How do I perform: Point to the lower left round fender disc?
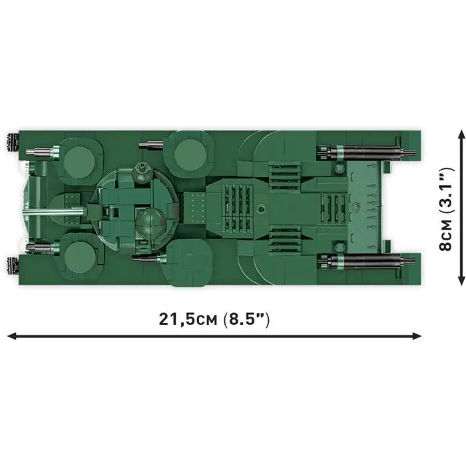[81, 256]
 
